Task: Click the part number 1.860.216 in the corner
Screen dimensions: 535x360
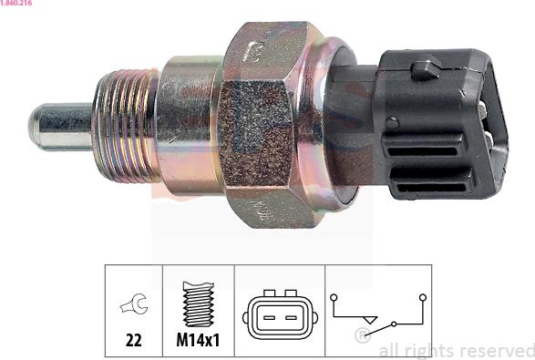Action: [x=16, y=3]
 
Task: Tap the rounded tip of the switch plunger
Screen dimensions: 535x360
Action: [x=33, y=126]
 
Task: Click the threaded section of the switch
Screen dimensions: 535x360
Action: [x=126, y=126]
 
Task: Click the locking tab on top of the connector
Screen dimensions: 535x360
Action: [x=426, y=70]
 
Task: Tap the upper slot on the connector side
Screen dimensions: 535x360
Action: [x=422, y=150]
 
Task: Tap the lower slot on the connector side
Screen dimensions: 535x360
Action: [x=431, y=187]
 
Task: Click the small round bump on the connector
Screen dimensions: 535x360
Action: [x=392, y=123]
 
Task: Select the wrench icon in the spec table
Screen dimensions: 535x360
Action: [x=134, y=303]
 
